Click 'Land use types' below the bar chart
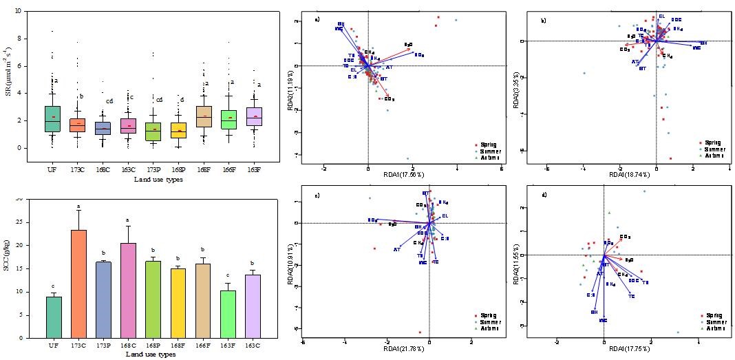(151, 354)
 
